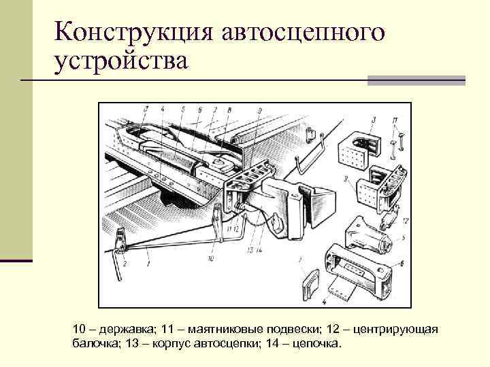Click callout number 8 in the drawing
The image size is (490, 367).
pos(229,109)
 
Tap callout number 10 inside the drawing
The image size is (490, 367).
pos(211,259)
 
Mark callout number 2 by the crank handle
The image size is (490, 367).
pos(125,263)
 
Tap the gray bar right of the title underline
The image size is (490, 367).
pos(416,81)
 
